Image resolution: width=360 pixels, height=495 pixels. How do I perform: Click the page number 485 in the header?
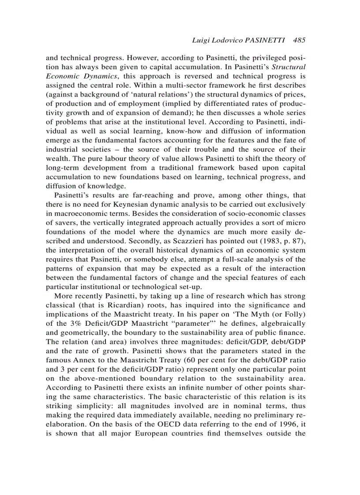299,40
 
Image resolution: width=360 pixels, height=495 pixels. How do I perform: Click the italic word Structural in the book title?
288,67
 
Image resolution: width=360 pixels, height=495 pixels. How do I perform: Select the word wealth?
58,159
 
